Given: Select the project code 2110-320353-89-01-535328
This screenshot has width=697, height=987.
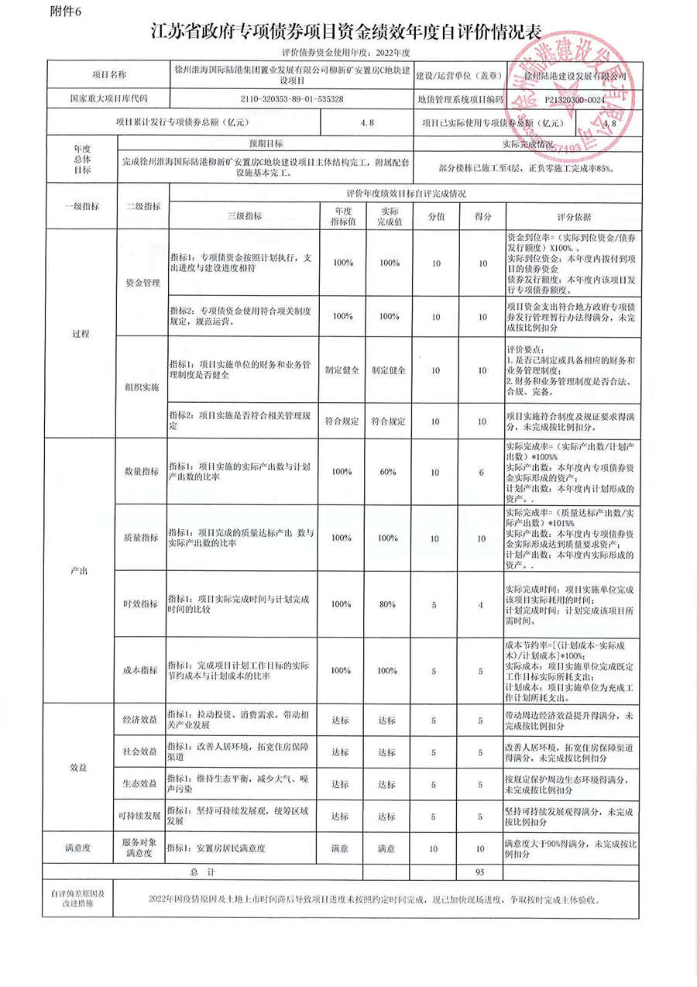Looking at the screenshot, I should coord(293,100).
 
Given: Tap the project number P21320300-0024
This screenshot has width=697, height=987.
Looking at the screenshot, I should coord(574,100).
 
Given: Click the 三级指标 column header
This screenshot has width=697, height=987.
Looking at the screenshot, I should coord(244,218).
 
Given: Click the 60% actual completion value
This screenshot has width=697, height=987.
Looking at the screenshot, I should coord(388,473).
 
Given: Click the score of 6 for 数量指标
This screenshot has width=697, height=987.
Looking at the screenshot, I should coord(481,473).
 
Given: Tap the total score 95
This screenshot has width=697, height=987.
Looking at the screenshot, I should coord(481,872).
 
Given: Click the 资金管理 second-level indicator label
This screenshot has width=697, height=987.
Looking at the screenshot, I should coord(142,283).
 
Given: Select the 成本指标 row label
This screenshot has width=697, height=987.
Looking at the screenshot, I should coord(142,670).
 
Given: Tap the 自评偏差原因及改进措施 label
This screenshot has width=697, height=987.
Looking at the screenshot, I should coord(78,898).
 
